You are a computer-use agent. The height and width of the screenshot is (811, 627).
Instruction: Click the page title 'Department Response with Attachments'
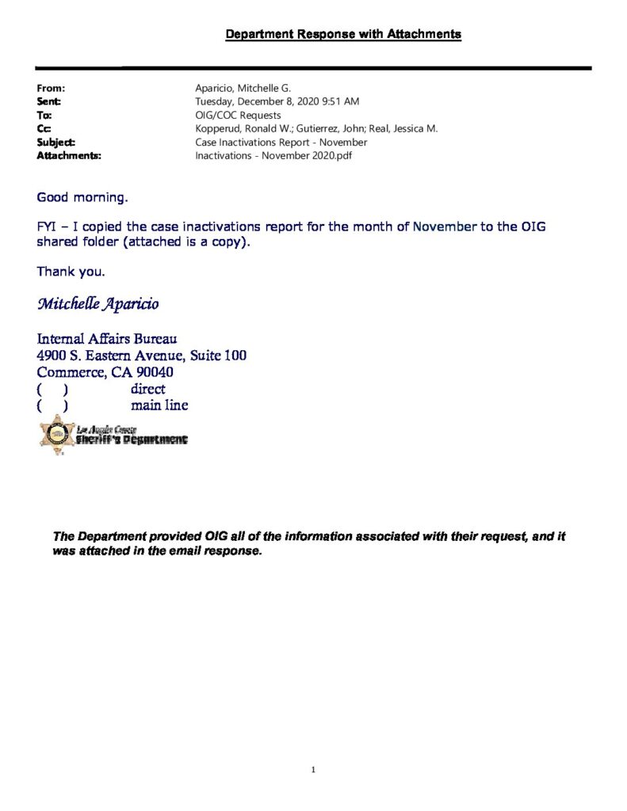point(343,34)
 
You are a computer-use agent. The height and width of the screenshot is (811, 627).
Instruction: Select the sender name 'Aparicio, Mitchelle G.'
point(243,89)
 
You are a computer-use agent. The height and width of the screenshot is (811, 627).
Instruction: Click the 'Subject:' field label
point(56,142)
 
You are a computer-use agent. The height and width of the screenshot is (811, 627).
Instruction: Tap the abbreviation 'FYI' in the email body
point(47,227)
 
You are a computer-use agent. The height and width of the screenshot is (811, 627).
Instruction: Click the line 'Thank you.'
point(71,272)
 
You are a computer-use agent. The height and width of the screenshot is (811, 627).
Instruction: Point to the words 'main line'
point(159,405)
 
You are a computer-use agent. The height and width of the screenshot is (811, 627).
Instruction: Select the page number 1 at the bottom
point(314,769)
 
